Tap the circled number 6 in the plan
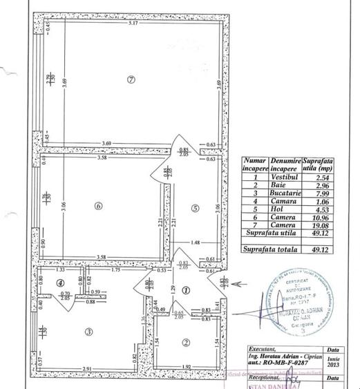click(x=99, y=205)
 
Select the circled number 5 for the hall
click(x=196, y=207)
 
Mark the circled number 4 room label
click(x=61, y=282)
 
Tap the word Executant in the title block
click(x=265, y=350)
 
